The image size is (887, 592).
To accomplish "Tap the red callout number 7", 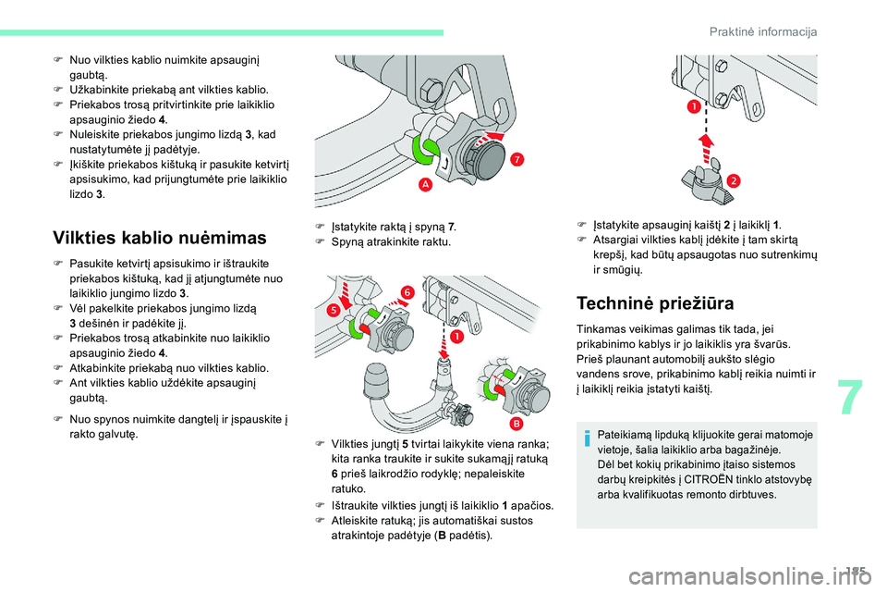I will click(x=517, y=160).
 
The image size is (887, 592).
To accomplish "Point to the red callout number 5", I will click(x=333, y=313).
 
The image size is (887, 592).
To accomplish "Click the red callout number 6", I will click(x=406, y=292).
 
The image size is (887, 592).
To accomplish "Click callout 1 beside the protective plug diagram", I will click(x=692, y=108).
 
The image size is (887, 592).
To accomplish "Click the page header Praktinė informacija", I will click(x=763, y=32).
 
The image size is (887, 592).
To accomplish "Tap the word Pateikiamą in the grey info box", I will click(x=624, y=435).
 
